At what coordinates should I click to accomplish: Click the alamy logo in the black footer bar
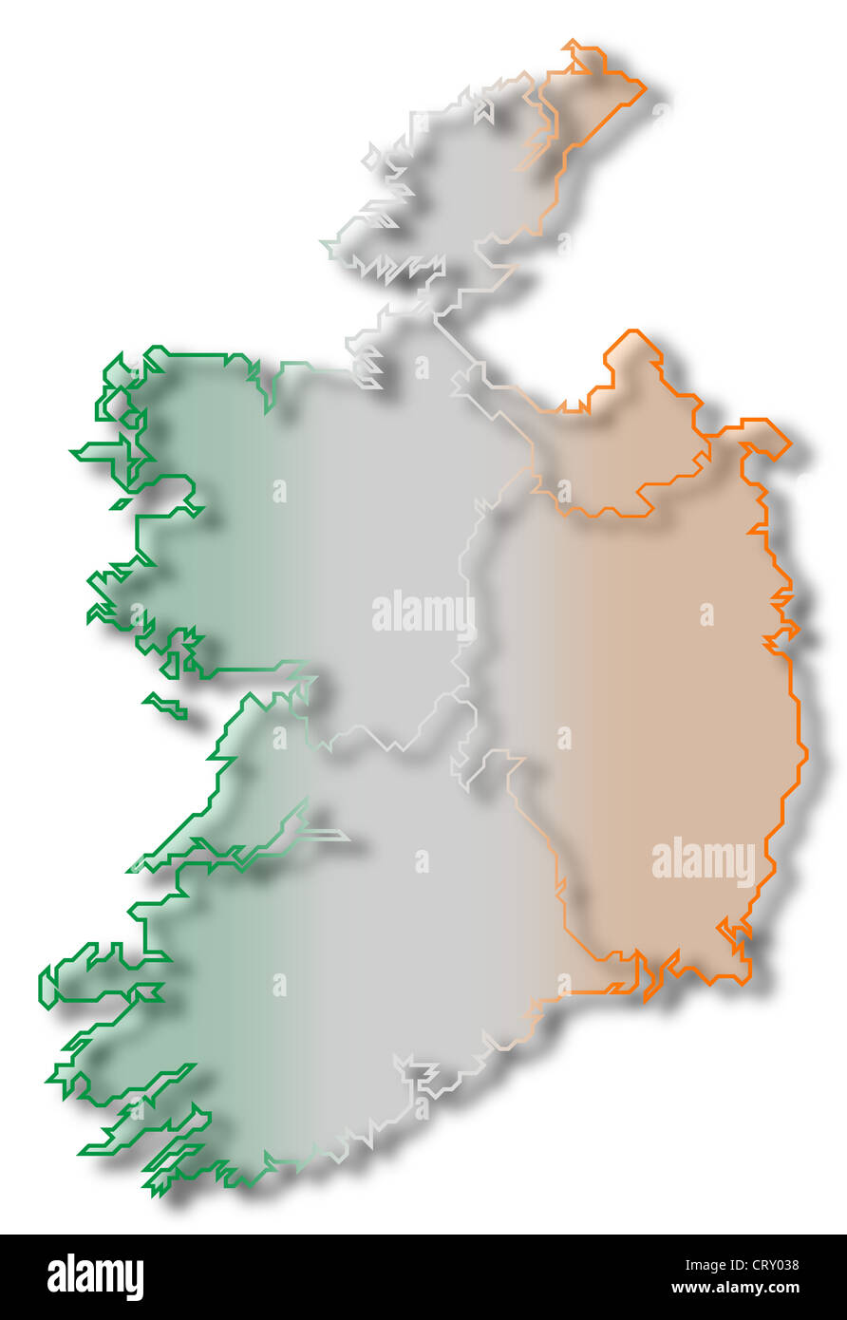95,1277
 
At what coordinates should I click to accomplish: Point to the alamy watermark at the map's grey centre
423,613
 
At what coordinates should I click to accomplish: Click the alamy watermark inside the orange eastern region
703,861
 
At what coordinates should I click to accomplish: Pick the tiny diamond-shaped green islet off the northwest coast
121,503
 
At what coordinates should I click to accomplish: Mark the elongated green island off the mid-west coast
165,706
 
